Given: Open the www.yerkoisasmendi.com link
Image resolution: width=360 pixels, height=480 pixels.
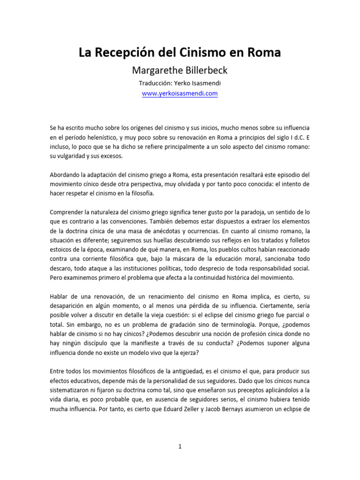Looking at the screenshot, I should [180, 93].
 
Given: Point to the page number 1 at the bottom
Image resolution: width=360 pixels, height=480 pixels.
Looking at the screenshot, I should [180, 447].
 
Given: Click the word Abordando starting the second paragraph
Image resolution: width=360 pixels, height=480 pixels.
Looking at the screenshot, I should [65, 174].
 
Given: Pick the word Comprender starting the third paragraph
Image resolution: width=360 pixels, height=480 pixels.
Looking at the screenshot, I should [67, 212].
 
